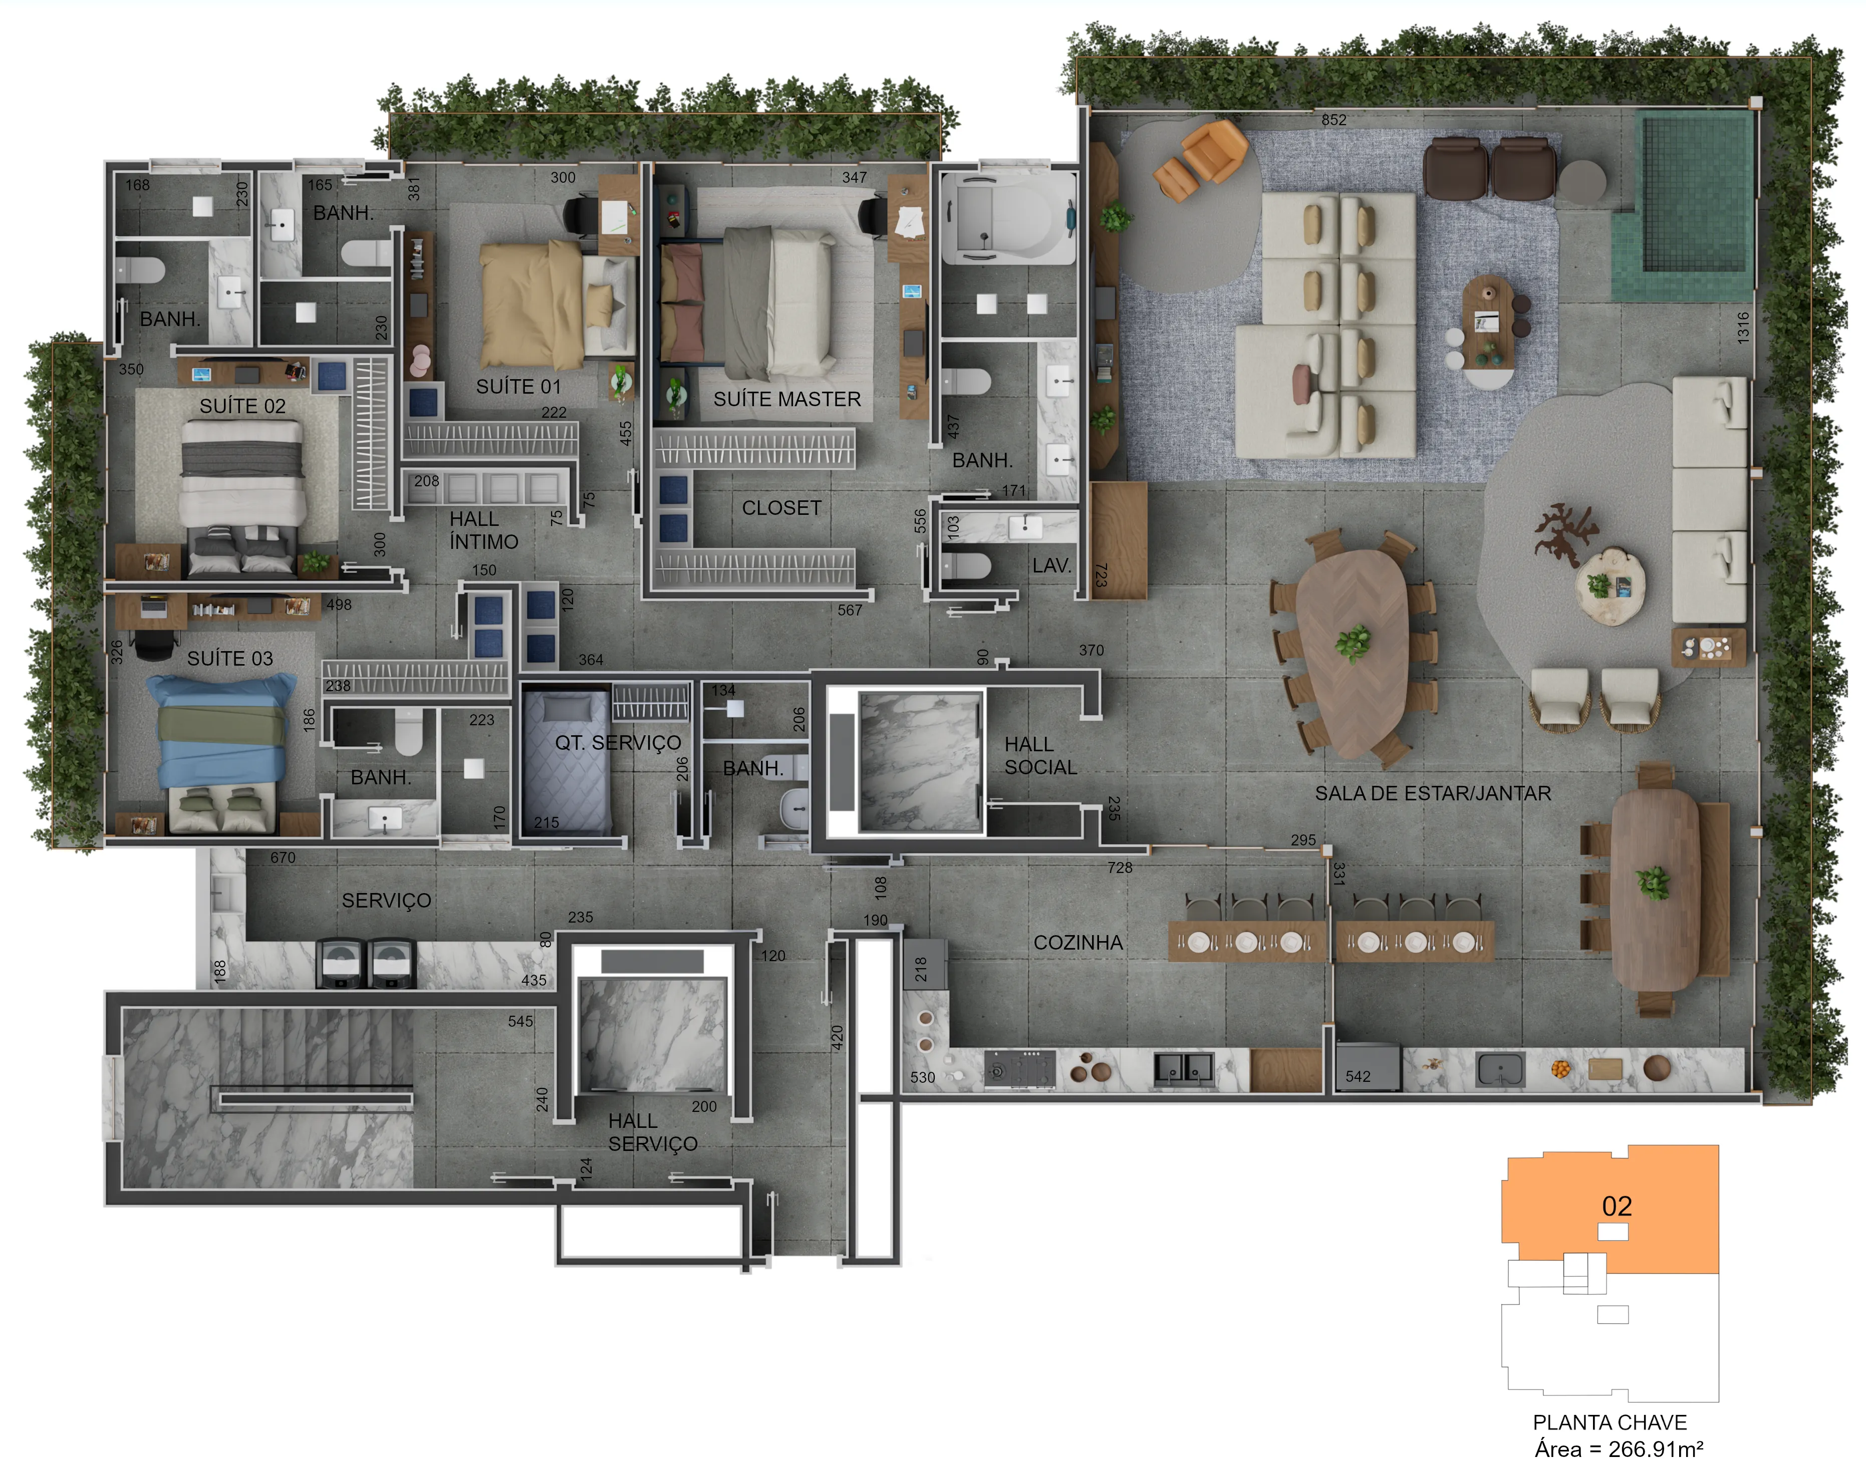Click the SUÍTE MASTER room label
tap(786, 399)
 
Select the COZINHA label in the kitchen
tap(1078, 943)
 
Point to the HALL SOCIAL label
tap(1040, 756)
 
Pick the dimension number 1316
tap(1743, 328)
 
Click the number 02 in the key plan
tap(1617, 1206)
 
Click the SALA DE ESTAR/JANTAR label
tap(1433, 793)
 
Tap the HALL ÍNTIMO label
tap(483, 530)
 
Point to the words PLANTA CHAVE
tap(1610, 1422)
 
